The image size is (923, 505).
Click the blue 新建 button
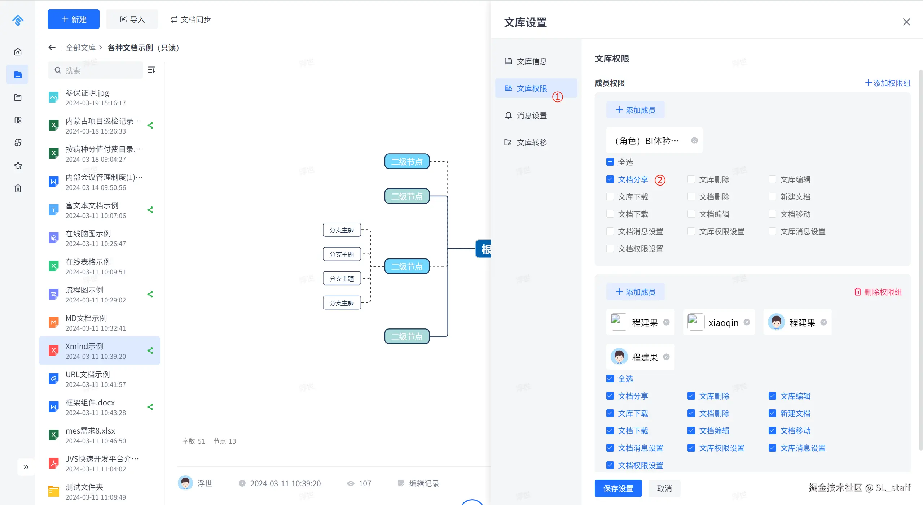74,19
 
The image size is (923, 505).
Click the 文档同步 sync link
190,19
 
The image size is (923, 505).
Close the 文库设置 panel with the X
906,22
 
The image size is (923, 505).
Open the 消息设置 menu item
526,116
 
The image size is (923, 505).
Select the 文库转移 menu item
526,143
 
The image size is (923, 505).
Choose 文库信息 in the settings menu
526,61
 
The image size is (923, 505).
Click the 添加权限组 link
888,83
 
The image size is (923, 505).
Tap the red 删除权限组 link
878,292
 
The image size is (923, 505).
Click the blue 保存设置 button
618,488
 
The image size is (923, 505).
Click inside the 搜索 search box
95,70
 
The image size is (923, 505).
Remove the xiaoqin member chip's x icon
747,322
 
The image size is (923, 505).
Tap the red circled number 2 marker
660,180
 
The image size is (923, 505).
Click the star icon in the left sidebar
18,166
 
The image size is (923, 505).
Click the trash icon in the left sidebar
18,188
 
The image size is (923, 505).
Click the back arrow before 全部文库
52,48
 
